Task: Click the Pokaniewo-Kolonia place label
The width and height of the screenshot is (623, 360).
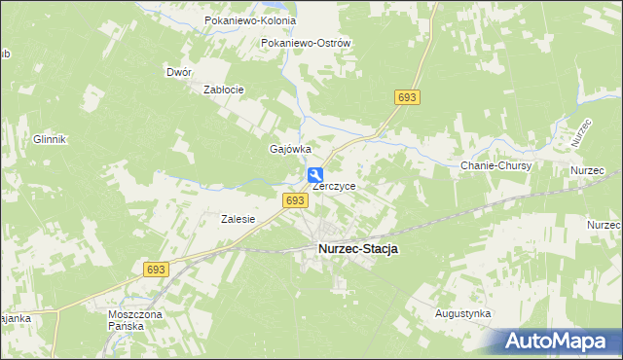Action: [241, 20]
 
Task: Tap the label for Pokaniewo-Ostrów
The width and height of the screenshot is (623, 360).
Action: [306, 44]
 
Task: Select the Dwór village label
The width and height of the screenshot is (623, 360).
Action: [179, 72]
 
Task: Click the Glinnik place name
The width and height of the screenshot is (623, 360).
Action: [49, 139]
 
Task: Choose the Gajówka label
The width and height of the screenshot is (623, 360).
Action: [289, 149]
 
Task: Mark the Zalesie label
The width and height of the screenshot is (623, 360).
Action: [238, 219]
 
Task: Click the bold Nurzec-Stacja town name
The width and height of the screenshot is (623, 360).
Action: [358, 249]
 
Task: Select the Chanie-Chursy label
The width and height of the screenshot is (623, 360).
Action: [495, 166]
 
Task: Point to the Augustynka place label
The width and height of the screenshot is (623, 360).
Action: [462, 314]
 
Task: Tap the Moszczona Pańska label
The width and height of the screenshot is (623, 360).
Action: [135, 320]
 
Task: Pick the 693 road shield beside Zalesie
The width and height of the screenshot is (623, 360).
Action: [296, 199]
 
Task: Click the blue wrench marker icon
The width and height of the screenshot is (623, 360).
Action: [316, 176]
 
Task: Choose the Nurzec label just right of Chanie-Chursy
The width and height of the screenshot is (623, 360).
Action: [587, 171]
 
